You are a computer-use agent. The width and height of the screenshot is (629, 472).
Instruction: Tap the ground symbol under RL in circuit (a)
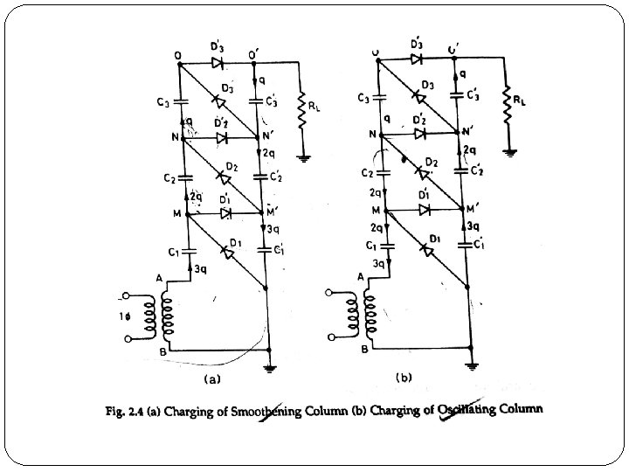(x=301, y=158)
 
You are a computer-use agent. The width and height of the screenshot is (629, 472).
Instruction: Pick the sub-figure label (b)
(x=403, y=378)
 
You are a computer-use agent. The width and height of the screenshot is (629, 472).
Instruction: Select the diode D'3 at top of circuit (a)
(x=218, y=63)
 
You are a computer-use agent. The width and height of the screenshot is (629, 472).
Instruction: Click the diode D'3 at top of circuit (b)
(x=418, y=59)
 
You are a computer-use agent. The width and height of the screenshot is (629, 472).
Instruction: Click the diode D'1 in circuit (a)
(x=225, y=213)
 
